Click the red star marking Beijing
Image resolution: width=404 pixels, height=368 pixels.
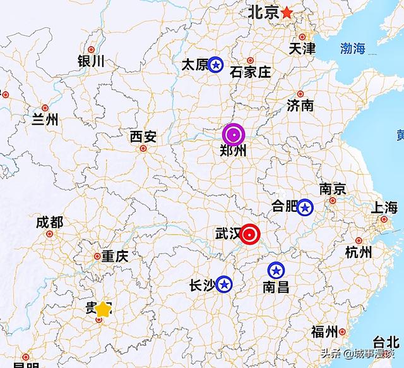[287, 12]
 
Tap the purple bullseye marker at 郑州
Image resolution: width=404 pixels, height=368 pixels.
[234, 134]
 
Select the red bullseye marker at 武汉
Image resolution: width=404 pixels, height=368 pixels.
[251, 235]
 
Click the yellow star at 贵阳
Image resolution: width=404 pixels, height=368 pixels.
[103, 309]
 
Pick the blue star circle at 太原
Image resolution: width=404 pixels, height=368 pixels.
[215, 64]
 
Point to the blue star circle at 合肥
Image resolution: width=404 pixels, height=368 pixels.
[305, 206]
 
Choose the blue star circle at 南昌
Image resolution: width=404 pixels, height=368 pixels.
[275, 271]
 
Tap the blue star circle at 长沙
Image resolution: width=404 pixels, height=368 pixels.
[223, 284]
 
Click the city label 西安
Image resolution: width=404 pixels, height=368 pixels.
[142, 137]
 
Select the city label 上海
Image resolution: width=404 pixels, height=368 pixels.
[384, 207]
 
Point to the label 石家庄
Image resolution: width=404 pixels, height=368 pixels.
[251, 71]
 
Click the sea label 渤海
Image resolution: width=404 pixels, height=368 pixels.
[353, 49]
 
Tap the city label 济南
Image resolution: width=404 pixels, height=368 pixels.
[300, 105]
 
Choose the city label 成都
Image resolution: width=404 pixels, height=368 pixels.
[49, 222]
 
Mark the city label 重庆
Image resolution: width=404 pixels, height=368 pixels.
[115, 256]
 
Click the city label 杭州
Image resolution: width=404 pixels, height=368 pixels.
[359, 252]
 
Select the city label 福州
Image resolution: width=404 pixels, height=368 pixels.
[326, 332]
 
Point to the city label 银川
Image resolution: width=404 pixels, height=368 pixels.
[91, 61]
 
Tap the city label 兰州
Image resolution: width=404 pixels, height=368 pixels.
[44, 119]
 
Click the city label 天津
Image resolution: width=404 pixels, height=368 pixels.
[302, 49]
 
